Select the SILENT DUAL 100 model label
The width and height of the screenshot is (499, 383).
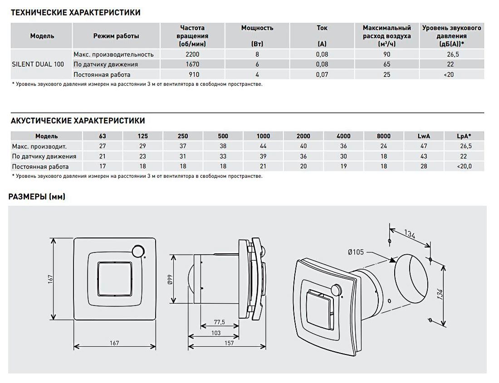[x=38, y=64]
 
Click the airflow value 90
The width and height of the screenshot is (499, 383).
[x=386, y=54]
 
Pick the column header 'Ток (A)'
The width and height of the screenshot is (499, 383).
[x=322, y=36]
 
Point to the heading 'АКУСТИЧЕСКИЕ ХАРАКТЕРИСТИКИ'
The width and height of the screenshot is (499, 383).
[x=78, y=121]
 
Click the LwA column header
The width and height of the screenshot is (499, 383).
[x=424, y=136]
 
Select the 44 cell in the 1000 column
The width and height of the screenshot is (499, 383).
[x=263, y=146]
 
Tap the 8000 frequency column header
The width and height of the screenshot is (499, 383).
[x=383, y=136]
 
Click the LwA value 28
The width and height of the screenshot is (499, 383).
[x=424, y=166]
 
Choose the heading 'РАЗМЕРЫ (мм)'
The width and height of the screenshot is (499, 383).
[x=37, y=197]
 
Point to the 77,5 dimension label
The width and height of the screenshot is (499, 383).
[x=219, y=322]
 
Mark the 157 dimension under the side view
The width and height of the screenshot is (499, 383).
[x=229, y=344]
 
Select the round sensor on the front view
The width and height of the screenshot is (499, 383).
[x=137, y=251]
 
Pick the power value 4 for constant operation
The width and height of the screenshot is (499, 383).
[x=257, y=75]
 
